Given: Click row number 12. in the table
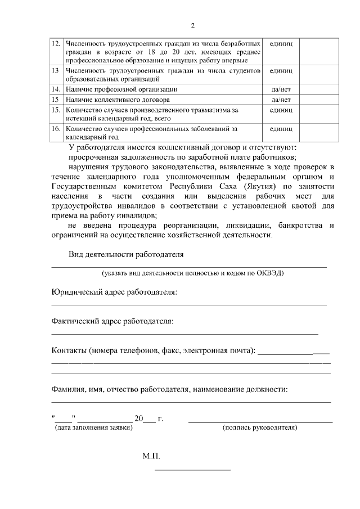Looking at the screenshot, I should pos(56,43).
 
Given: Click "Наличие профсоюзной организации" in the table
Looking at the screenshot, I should pos(121,89).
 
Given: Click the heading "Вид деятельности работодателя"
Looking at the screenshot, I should pos(127,254).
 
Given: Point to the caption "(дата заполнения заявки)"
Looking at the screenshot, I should pos(94,427).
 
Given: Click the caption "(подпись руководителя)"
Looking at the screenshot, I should pos(260,427).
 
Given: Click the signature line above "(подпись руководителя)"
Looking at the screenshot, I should pos(260,421).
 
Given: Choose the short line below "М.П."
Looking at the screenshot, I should pos(192,469).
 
